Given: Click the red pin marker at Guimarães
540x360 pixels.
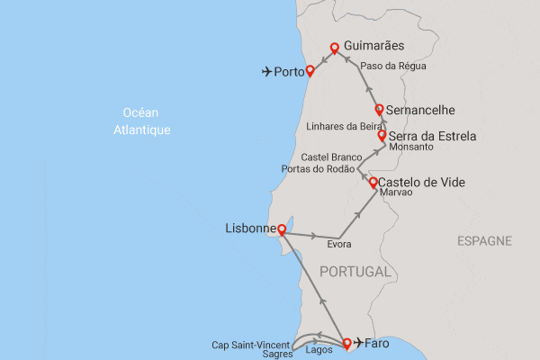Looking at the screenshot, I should point(334,48).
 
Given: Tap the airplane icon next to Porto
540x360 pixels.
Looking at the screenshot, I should point(266,71).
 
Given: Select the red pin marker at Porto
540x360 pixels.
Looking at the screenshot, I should point(310,69).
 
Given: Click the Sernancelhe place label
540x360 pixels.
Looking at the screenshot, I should point(420,111).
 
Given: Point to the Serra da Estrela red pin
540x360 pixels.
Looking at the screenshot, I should point(382,135).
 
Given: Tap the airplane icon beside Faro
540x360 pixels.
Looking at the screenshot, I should point(360,342).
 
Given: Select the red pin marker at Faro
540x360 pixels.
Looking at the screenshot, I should point(347,342).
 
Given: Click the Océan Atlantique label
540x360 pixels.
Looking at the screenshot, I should point(147,121).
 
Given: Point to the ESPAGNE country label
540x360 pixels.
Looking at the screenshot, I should point(484,241).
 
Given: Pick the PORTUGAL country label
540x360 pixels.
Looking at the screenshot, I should point(355,271).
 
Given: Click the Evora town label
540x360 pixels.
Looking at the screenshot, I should point(338,245).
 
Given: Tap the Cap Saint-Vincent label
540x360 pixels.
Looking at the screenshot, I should point(251,344).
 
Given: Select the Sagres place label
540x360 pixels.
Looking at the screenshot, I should point(278,355).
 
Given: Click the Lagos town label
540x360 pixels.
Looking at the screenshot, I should point(320,349).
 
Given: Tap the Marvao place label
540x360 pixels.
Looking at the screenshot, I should point(396,193).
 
